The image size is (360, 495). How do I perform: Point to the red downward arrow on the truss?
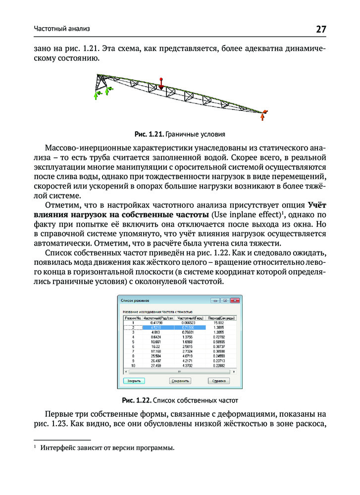(x=160, y=84)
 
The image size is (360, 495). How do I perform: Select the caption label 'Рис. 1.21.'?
(x=149, y=134)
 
